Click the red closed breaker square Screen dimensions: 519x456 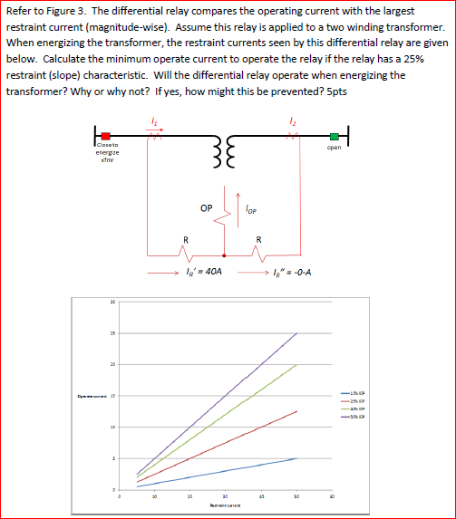[105, 137]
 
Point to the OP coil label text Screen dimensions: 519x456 [208, 207]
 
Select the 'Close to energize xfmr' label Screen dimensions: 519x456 [105, 155]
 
